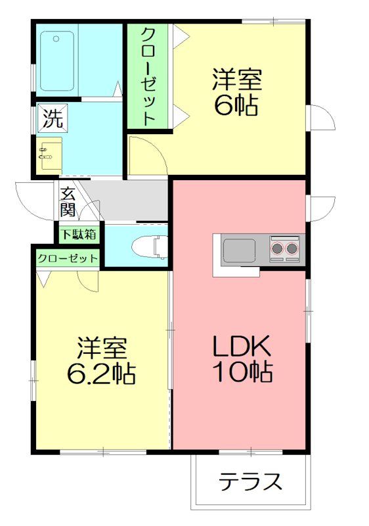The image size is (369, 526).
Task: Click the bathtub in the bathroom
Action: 57,60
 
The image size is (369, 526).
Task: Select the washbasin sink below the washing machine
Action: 49,156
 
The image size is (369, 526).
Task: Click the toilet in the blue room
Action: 150,247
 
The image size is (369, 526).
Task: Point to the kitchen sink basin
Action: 240,251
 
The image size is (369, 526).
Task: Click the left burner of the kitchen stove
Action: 278,249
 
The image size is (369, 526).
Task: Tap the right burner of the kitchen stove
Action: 292,249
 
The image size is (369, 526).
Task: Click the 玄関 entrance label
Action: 68,203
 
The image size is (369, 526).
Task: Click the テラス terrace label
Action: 250,482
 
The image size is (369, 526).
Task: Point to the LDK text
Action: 242,347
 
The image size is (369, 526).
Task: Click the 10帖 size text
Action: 242,371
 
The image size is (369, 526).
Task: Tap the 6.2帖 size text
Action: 102,373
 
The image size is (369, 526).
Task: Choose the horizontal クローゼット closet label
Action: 68,258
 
